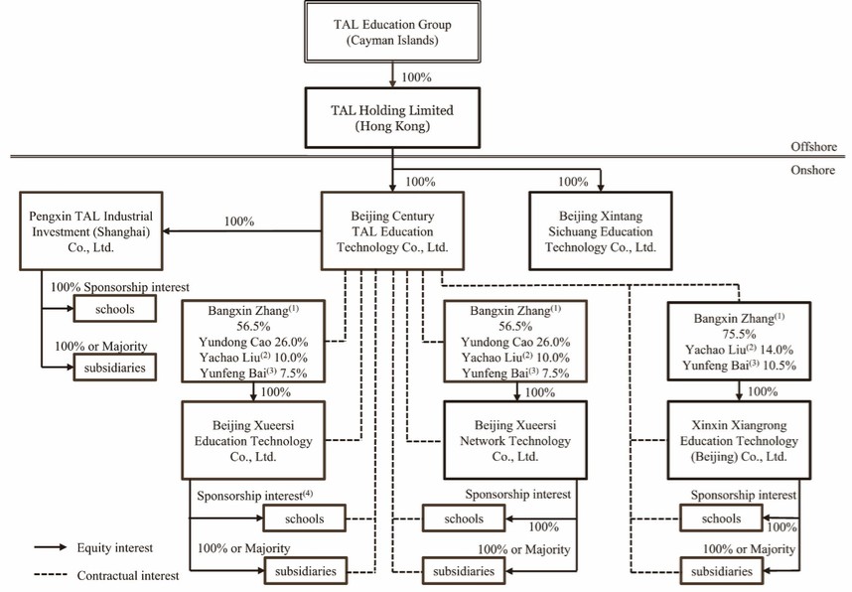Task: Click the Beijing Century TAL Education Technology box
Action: (x=392, y=230)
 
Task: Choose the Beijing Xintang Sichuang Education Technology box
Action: (x=600, y=230)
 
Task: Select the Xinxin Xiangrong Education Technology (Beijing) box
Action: (x=733, y=438)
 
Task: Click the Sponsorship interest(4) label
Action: (x=254, y=495)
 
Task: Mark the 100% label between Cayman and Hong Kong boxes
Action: (x=418, y=76)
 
